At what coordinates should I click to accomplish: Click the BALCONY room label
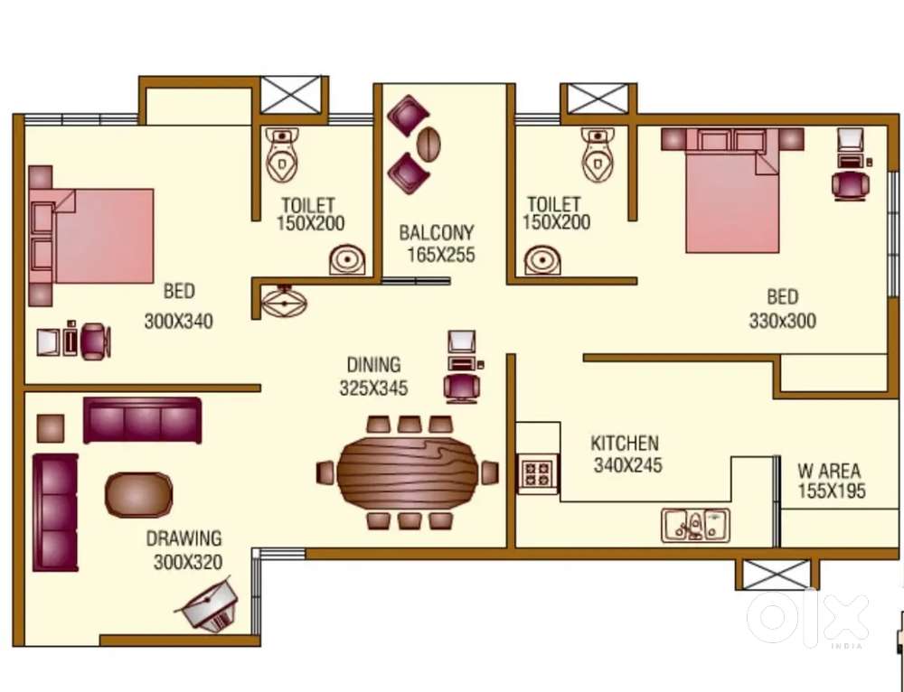click(x=437, y=233)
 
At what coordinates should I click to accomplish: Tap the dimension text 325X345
click(x=373, y=388)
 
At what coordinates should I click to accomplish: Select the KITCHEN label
click(x=625, y=443)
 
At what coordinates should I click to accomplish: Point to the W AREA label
click(x=829, y=471)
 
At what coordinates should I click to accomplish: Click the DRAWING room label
click(x=184, y=538)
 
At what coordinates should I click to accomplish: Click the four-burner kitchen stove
click(x=538, y=473)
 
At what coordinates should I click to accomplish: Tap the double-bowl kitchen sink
click(x=695, y=525)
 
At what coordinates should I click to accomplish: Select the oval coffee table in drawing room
click(x=138, y=495)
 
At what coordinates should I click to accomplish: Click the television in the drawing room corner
click(x=208, y=604)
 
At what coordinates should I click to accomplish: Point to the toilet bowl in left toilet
click(x=282, y=155)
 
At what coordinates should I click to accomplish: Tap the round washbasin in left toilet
click(x=347, y=260)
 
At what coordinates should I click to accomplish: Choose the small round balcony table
click(x=428, y=144)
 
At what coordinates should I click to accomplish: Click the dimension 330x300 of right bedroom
click(x=782, y=321)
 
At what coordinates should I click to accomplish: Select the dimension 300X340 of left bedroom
click(x=179, y=321)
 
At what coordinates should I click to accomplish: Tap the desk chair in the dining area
click(x=461, y=388)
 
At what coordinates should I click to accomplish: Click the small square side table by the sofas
click(x=50, y=428)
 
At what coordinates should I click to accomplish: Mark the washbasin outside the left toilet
click(x=284, y=301)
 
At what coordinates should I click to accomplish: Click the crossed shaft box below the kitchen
click(x=777, y=575)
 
